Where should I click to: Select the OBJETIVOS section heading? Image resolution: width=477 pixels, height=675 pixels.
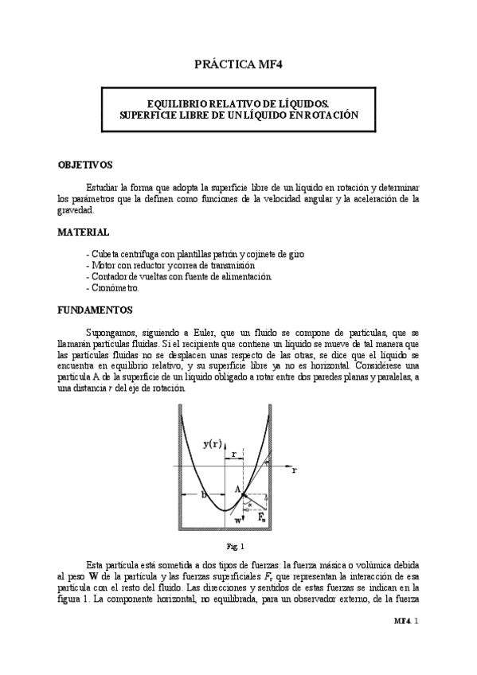86,165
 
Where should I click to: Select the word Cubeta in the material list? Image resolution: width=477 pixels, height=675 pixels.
102,253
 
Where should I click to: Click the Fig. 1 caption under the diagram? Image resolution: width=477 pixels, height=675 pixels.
237,546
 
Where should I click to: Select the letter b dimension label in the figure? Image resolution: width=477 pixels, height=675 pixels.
204,494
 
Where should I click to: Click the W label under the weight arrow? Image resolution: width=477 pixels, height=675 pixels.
238,521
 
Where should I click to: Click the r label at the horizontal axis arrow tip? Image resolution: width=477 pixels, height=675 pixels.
295,470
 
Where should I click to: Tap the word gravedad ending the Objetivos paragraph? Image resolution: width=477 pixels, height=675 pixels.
76,211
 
